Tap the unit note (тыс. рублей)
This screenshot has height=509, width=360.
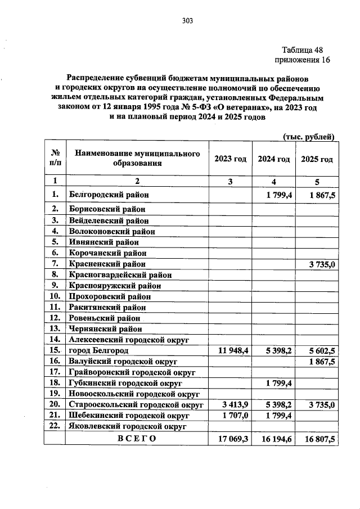(308, 136)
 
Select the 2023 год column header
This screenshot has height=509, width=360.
(230, 159)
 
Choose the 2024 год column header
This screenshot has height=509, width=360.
(274, 159)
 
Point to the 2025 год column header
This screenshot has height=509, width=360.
(317, 159)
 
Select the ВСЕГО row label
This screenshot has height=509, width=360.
(137, 438)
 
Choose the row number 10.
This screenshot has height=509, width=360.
(55, 295)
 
